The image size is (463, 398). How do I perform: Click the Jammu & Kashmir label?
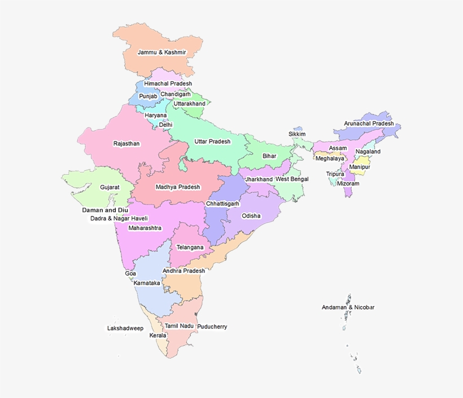pyautogui.click(x=161, y=52)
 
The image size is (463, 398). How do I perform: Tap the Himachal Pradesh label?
pyautogui.click(x=168, y=83)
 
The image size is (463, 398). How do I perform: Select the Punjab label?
pyautogui.click(x=148, y=96)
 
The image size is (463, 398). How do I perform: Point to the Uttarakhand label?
pyautogui.click(x=190, y=104)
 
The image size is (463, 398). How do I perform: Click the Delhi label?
pyautogui.click(x=165, y=125)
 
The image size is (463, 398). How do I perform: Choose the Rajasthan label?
pyautogui.click(x=126, y=144)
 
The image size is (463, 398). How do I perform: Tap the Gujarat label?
pyautogui.click(x=110, y=187)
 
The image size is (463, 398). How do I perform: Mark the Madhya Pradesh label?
pyautogui.click(x=178, y=187)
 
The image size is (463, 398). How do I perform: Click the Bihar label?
pyautogui.click(x=269, y=156)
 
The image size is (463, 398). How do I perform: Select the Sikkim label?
pyautogui.click(x=297, y=134)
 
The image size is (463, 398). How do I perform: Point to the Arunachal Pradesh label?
pyautogui.click(x=369, y=123)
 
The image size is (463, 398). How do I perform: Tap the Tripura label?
pyautogui.click(x=335, y=174)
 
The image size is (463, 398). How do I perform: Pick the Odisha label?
pyautogui.click(x=251, y=216)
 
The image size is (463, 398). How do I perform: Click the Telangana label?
pyautogui.click(x=190, y=247)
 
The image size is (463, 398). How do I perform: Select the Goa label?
pyautogui.click(x=130, y=273)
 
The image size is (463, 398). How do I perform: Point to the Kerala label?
pyautogui.click(x=158, y=335)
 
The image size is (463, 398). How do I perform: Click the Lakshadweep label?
pyautogui.click(x=125, y=328)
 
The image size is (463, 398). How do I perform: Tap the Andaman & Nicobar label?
pyautogui.click(x=348, y=307)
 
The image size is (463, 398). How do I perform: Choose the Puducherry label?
pyautogui.click(x=212, y=326)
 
